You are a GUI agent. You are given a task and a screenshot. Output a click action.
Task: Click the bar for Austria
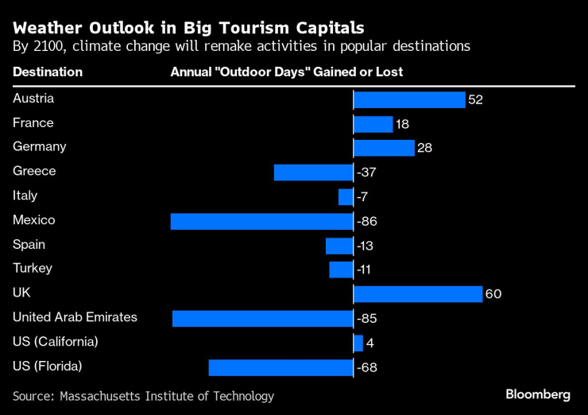(408, 99)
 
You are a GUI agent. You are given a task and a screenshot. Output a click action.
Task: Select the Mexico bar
(261, 221)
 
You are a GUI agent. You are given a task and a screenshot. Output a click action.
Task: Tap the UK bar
(417, 294)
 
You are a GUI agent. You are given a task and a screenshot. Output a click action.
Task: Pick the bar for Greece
(313, 173)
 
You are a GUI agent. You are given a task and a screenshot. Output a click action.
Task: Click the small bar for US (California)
(358, 343)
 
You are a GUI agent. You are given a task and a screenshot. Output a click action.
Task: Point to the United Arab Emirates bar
(262, 319)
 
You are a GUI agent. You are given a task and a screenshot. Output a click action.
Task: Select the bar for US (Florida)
(280, 367)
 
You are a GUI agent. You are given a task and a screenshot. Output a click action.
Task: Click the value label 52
(476, 100)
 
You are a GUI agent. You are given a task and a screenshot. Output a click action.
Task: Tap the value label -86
(366, 221)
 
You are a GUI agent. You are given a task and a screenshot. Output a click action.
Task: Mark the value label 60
(493, 295)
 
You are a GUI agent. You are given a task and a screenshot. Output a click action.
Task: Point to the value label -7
(363, 197)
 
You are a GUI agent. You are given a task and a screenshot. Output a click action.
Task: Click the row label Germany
(40, 147)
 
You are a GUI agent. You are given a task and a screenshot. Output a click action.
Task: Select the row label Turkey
(33, 269)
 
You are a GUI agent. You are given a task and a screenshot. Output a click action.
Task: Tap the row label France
(33, 123)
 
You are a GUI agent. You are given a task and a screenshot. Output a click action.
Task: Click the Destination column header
(48, 72)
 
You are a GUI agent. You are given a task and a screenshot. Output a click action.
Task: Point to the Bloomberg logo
(538, 394)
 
